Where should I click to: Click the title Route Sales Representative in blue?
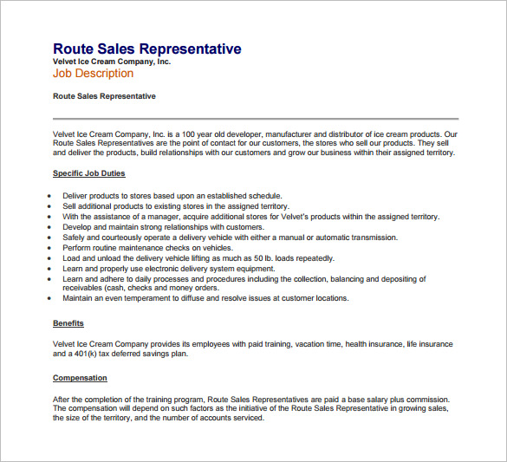pos(146,49)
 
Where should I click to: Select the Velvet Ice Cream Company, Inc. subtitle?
pos(112,62)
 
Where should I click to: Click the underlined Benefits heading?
pos(68,323)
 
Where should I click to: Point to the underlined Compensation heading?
pos(80,378)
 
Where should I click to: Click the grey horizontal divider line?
pos(256,118)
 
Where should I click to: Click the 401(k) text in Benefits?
pos(85,354)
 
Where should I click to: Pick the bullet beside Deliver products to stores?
pos(49,197)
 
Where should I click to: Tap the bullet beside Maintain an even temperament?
pos(49,298)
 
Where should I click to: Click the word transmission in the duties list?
pos(368,238)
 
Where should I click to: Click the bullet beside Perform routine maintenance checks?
pos(49,248)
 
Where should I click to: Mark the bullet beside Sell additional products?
pos(49,207)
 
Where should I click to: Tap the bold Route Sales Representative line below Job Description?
pos(104,95)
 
